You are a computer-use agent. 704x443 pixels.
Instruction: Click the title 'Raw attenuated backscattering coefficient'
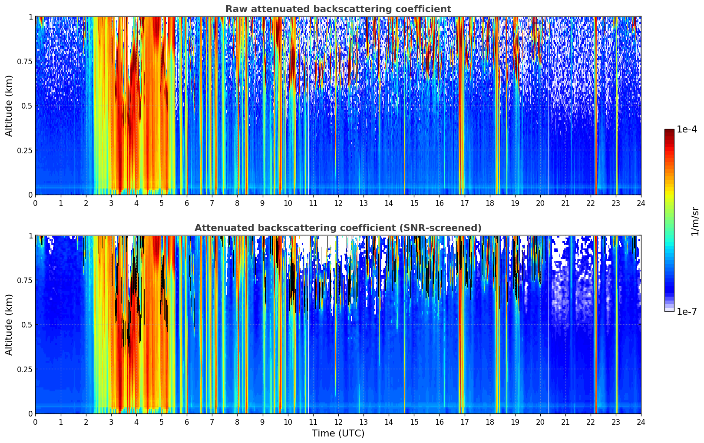pyautogui.click(x=338, y=9)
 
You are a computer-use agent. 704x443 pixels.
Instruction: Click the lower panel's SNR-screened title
pyautogui.click(x=338, y=228)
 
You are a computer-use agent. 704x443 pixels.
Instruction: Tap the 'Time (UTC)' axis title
pyautogui.click(x=338, y=433)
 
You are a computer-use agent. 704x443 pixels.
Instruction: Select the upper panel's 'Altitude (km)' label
pyautogui.click(x=9, y=106)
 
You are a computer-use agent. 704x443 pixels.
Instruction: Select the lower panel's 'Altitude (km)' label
pyautogui.click(x=9, y=324)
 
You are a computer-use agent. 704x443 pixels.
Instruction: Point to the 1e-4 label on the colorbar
pyautogui.click(x=687, y=129)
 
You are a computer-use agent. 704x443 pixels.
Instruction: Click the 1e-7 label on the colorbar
pyautogui.click(x=687, y=311)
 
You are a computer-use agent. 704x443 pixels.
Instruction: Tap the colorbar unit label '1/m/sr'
pyautogui.click(x=695, y=221)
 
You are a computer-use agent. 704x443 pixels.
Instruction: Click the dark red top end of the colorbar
pyautogui.click(x=669, y=131)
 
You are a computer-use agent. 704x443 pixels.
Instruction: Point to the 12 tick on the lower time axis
pyautogui.click(x=338, y=422)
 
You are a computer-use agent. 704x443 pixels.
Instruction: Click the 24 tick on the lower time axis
pyautogui.click(x=641, y=422)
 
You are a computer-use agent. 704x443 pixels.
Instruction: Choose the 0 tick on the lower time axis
pyautogui.click(x=36, y=422)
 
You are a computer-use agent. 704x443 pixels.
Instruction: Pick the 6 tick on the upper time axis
pyautogui.click(x=187, y=203)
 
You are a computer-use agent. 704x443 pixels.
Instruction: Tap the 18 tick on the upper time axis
pyautogui.click(x=490, y=203)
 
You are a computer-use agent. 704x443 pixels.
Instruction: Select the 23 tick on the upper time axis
pyautogui.click(x=616, y=203)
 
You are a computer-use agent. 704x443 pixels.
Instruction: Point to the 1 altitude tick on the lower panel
pyautogui.click(x=30, y=236)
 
